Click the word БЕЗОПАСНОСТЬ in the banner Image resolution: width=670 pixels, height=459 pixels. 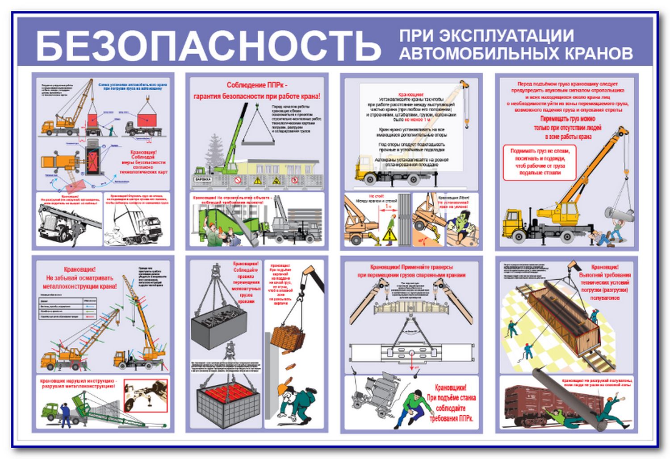pos(208,46)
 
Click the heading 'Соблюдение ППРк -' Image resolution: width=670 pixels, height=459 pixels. pos(257,85)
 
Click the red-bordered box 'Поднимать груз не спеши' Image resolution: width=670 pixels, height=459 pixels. pos(540,162)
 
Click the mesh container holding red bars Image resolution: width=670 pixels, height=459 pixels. pos(228,405)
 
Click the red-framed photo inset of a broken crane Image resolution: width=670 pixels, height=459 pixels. pos(145,396)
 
